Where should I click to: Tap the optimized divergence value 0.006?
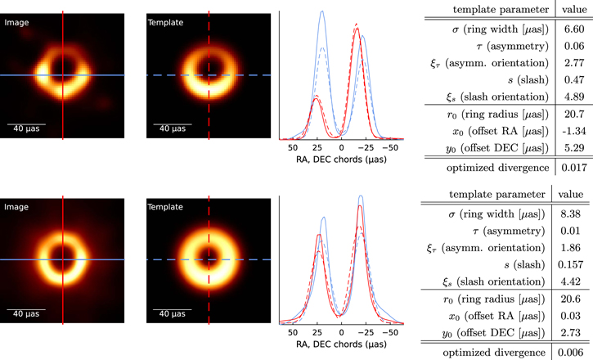pyautogui.click(x=570, y=352)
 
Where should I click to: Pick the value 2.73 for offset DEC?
pyautogui.click(x=570, y=332)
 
